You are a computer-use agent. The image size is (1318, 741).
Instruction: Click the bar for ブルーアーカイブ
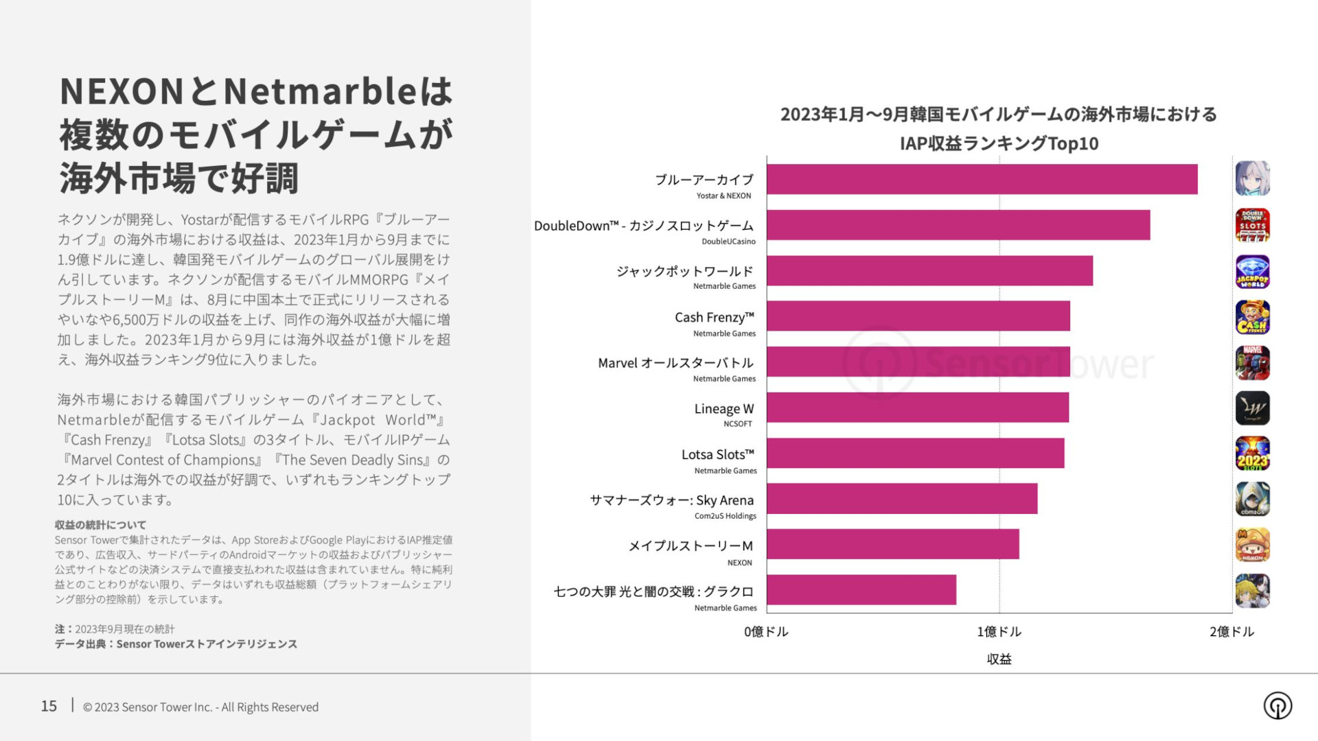pyautogui.click(x=982, y=179)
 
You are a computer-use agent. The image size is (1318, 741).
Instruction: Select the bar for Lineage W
pyautogui.click(x=918, y=408)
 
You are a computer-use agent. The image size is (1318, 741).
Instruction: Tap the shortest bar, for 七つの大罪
pyautogui.click(x=861, y=590)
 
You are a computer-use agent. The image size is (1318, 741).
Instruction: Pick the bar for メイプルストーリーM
pyautogui.click(x=892, y=544)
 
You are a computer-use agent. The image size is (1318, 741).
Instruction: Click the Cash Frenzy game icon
pyautogui.click(x=1252, y=317)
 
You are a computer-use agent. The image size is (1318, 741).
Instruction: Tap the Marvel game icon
pyautogui.click(x=1252, y=363)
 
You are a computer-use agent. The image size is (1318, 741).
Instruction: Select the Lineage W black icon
pyautogui.click(x=1252, y=408)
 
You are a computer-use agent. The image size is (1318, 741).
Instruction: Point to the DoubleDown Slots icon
pyautogui.click(x=1252, y=225)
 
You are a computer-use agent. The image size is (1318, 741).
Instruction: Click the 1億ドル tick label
pyautogui.click(x=999, y=632)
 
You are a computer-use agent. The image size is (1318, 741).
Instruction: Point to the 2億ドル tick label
pyautogui.click(x=1232, y=632)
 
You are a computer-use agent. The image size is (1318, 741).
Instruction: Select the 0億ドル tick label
pyautogui.click(x=766, y=632)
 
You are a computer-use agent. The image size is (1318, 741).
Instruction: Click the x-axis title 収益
pyautogui.click(x=999, y=659)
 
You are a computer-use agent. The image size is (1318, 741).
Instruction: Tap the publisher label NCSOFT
pyautogui.click(x=737, y=424)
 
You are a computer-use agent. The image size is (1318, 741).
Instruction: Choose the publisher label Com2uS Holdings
pyautogui.click(x=725, y=516)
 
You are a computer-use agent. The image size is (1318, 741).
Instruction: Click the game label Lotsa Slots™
pyautogui.click(x=717, y=454)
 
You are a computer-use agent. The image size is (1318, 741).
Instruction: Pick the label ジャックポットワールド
pyautogui.click(x=684, y=272)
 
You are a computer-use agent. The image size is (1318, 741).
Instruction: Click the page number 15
pyautogui.click(x=49, y=706)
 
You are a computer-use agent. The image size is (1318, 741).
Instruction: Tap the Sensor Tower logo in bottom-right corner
pyautogui.click(x=1277, y=705)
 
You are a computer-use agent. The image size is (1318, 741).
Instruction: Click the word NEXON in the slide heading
pyautogui.click(x=122, y=91)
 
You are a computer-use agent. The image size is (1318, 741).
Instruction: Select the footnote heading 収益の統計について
pyautogui.click(x=100, y=525)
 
